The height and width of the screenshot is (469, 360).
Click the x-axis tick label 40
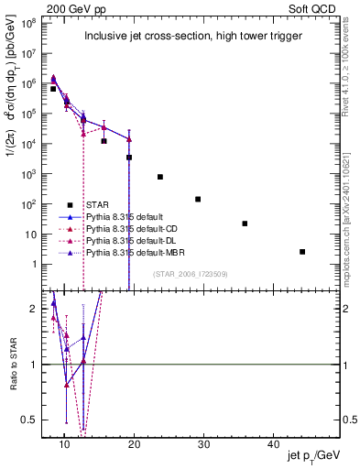coord(274,443)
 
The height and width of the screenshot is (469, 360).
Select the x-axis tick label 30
coord(204,443)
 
